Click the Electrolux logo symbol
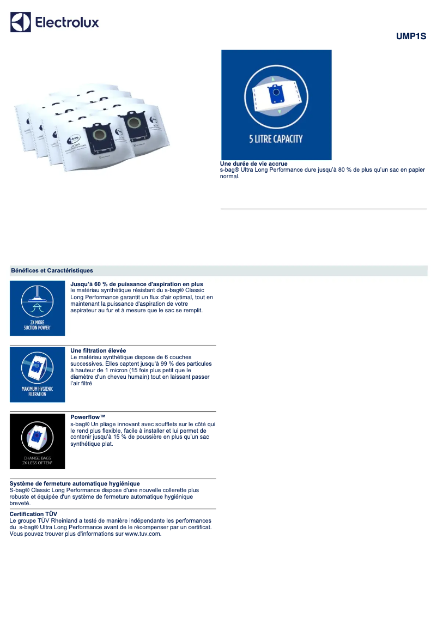point(20,22)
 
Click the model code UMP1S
point(411,37)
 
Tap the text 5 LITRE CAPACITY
point(276,139)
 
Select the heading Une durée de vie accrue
point(253,163)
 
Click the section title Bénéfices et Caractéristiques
point(52,270)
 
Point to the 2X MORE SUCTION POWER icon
point(37,308)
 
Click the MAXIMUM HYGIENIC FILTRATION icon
point(37,375)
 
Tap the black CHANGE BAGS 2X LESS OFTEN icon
point(37,441)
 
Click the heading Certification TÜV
point(33,514)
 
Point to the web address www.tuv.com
point(143,534)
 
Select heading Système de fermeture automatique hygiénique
point(75,483)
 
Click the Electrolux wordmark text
point(67,22)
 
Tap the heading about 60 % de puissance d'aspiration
point(137,284)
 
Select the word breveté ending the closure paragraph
point(20,503)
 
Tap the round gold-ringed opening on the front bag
point(98,134)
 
